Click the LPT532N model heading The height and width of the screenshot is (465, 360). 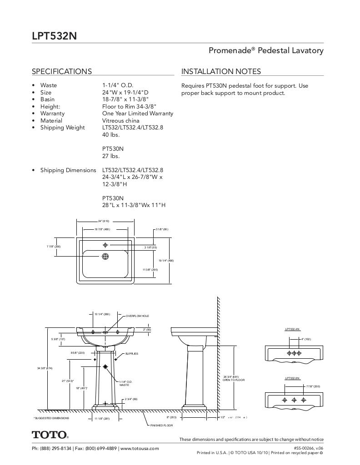51,36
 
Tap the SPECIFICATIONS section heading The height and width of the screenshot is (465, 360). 61,71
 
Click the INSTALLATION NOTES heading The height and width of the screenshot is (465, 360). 221,71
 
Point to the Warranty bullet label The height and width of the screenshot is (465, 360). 52,114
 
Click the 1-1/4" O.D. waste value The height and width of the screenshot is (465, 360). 117,85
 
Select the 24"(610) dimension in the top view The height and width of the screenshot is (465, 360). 103,221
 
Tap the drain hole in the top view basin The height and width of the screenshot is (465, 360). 105,257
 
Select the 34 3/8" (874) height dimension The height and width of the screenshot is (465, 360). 45,368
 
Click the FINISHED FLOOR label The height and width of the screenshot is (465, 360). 161,425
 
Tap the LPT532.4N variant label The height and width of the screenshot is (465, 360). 292,329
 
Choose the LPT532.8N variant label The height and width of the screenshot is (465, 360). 292,378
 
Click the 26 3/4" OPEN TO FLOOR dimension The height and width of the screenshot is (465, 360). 234,378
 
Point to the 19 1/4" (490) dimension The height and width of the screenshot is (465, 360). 166,261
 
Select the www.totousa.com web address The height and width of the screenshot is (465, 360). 140,448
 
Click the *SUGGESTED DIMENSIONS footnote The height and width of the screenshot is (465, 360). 51,418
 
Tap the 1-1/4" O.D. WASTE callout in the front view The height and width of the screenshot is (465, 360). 125,383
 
